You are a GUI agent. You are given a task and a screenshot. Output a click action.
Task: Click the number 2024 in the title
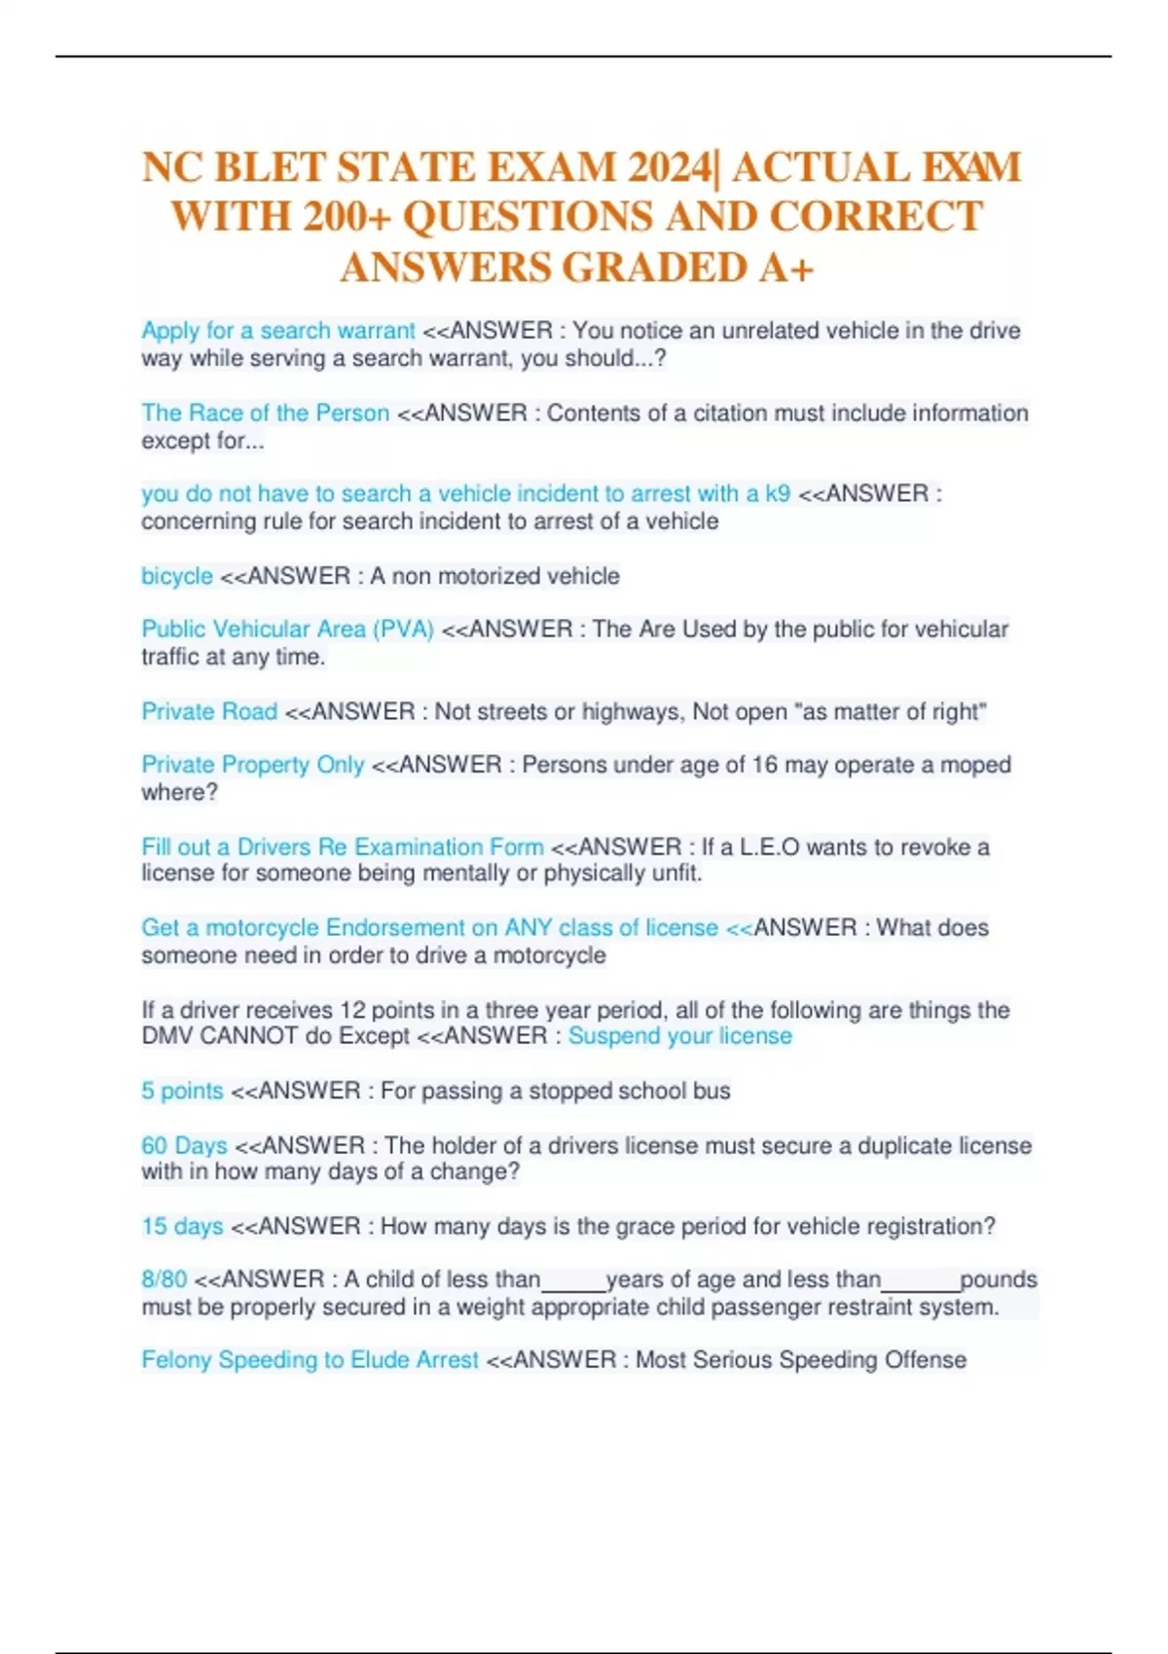coord(670,167)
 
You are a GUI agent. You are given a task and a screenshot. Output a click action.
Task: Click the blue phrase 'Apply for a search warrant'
coord(278,331)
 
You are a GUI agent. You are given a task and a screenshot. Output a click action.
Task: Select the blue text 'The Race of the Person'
coord(265,413)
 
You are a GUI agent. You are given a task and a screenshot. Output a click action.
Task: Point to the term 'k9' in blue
coord(778,493)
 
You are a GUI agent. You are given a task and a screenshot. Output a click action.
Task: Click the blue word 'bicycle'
coord(176,576)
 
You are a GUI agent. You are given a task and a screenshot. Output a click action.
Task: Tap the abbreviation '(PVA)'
coord(403,629)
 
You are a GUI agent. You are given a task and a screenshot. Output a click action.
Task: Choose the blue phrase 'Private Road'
coord(209,711)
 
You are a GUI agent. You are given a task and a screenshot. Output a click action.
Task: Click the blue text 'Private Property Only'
coord(253,765)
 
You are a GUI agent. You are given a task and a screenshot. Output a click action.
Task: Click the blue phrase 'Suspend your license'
coord(679,1035)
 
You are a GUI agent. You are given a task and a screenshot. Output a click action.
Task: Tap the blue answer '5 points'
coord(182,1091)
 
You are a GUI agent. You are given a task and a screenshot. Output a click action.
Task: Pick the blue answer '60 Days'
coord(184,1145)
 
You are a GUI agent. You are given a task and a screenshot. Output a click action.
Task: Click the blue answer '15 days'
coord(182,1226)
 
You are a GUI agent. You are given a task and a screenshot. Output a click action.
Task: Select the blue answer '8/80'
coord(164,1278)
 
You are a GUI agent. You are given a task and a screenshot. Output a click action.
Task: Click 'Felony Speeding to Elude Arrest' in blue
coord(310,1359)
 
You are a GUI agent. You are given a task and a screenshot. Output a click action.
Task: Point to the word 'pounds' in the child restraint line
coord(999,1278)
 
